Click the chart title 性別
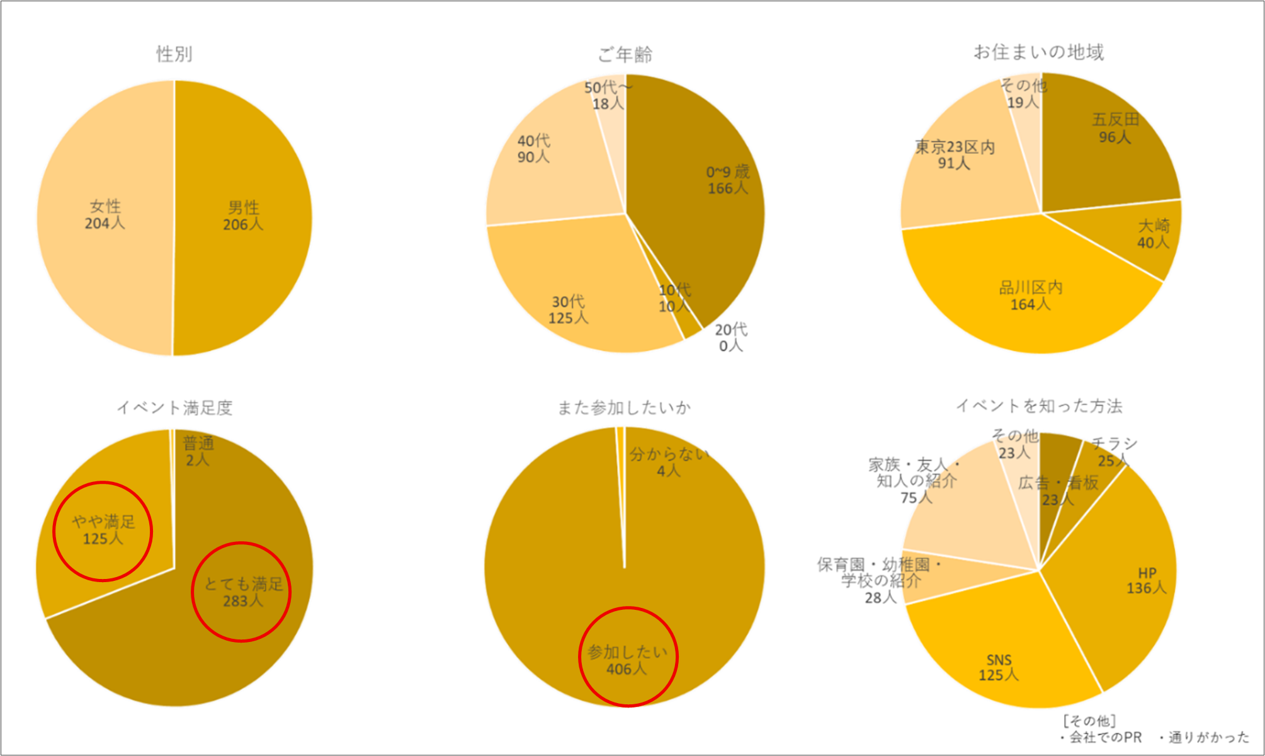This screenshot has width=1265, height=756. [x=174, y=54]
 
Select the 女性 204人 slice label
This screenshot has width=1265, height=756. [x=105, y=215]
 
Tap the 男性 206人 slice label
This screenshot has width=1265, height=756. [x=243, y=216]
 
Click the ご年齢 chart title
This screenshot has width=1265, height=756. [x=625, y=55]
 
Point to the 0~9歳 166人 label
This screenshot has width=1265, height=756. [x=728, y=180]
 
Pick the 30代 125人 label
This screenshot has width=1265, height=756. [x=568, y=310]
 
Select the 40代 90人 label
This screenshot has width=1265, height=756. [x=533, y=149]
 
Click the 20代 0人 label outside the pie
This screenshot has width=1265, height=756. [x=730, y=338]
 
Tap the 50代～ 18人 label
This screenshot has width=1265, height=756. [x=608, y=95]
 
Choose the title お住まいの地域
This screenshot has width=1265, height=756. [x=1038, y=52]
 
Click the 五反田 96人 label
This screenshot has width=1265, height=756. [x=1115, y=128]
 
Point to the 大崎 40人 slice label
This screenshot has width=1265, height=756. [x=1154, y=234]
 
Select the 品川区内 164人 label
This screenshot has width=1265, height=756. [x=1031, y=296]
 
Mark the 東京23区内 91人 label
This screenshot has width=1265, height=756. [x=955, y=155]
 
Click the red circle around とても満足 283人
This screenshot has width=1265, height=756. [x=241, y=592]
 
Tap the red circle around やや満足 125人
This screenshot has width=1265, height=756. [x=103, y=531]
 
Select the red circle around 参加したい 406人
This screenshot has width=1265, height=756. [x=628, y=656]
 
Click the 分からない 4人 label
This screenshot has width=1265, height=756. [x=669, y=462]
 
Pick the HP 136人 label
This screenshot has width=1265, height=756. [x=1147, y=580]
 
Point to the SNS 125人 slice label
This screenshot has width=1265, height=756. [x=999, y=667]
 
